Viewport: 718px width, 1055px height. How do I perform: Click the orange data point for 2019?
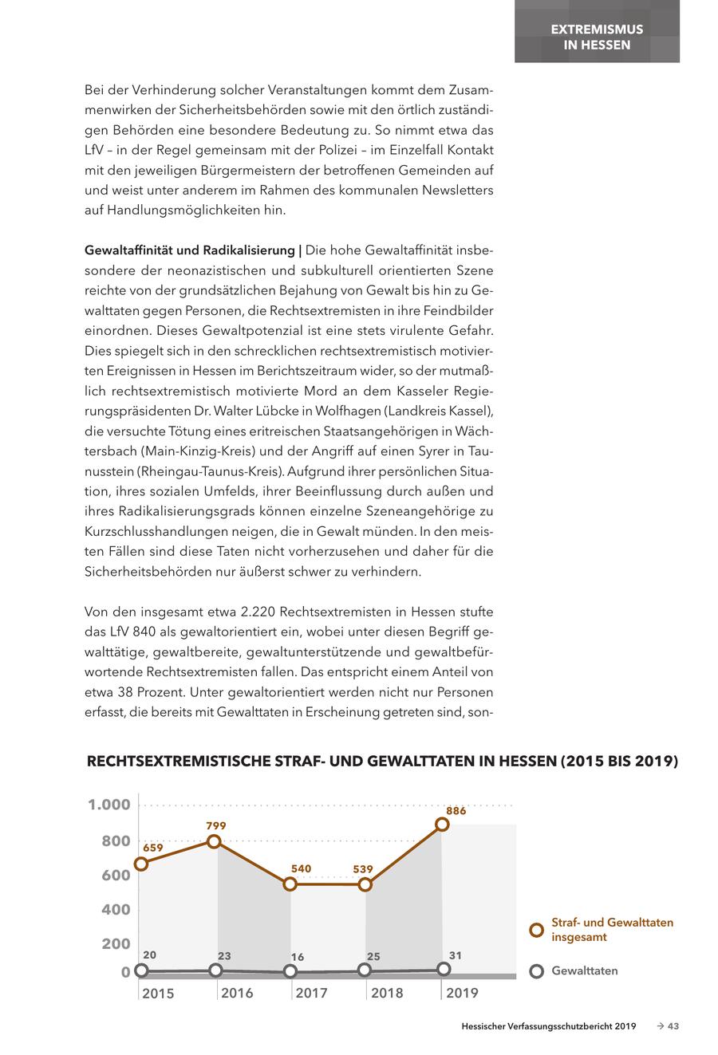tap(442, 825)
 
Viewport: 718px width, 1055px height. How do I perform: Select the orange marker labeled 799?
tap(214, 841)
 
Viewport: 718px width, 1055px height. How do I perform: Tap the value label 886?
tap(456, 810)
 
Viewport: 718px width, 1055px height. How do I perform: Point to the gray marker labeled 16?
tap(290, 971)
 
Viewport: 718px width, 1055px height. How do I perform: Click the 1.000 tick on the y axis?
tap(109, 805)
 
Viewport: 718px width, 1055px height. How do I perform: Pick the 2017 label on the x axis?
tap(311, 993)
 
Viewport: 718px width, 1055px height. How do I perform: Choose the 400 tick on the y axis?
tap(115, 910)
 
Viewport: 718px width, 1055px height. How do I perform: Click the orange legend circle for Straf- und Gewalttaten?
tap(537, 930)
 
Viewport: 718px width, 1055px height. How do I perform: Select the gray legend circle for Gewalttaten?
tap(537, 971)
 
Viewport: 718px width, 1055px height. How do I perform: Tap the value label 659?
tap(153, 848)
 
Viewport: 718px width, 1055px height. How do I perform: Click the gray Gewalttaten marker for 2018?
tap(365, 970)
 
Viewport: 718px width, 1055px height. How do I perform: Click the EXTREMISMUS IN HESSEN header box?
tap(597, 37)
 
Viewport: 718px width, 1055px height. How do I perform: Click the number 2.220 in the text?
tap(258, 612)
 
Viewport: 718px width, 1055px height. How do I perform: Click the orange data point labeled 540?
tap(290, 884)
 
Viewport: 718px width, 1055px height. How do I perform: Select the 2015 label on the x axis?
tap(158, 993)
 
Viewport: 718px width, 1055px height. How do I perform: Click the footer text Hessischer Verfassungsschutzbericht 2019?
tap(548, 1026)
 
